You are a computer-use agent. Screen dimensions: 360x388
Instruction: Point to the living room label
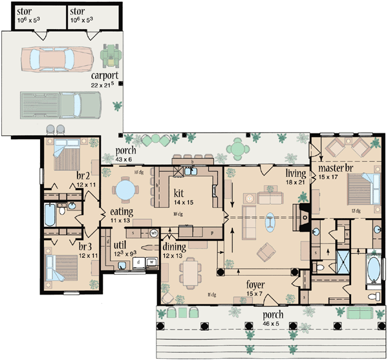pos(297,174)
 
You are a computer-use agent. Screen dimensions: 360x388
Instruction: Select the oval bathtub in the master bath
pos(373,271)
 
